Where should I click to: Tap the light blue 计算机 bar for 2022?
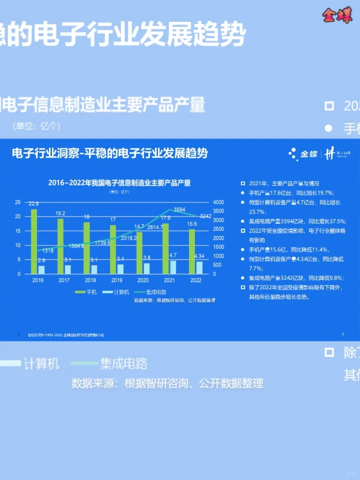click(199, 267)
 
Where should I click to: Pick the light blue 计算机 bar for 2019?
click(120, 268)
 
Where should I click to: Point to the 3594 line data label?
click(179, 209)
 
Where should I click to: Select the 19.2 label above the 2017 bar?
click(60, 213)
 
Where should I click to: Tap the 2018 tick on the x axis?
click(90, 280)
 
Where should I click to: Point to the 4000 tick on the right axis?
click(219, 202)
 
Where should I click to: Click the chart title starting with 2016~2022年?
click(119, 183)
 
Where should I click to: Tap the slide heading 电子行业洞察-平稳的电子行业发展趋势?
click(109, 153)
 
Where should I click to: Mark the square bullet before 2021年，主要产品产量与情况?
click(243, 183)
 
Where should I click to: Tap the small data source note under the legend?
click(174, 300)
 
